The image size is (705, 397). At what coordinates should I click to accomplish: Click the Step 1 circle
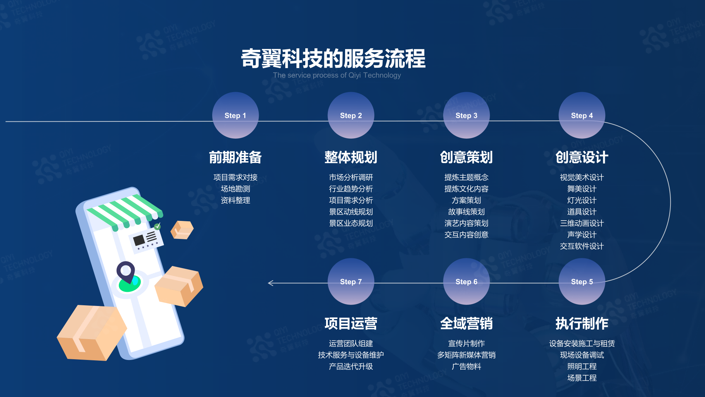click(235, 115)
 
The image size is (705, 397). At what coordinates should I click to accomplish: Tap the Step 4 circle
click(582, 115)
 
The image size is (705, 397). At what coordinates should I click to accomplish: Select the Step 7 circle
click(351, 282)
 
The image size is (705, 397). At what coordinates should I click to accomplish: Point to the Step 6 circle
click(466, 282)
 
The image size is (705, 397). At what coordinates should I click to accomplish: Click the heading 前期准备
click(235, 157)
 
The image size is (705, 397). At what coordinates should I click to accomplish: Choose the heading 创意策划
click(466, 157)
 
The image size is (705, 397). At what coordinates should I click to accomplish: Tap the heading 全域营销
click(466, 324)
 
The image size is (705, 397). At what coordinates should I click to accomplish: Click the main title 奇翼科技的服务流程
click(333, 58)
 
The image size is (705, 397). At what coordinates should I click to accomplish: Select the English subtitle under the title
click(337, 75)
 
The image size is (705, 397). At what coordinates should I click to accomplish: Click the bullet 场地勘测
click(235, 189)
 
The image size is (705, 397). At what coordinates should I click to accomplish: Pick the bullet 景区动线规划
click(351, 212)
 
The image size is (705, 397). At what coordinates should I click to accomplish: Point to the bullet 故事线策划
click(466, 212)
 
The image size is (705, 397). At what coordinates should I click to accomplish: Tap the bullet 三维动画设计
click(582, 223)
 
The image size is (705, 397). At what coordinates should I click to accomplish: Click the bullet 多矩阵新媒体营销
click(466, 355)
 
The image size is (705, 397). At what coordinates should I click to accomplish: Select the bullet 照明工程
click(582, 367)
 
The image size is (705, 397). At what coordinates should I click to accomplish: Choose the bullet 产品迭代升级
click(351, 367)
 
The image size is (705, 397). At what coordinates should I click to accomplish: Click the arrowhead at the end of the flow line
click(270, 283)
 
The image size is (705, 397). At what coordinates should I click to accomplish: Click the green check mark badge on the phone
click(157, 226)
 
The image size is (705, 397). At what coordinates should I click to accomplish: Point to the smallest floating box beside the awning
click(182, 230)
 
